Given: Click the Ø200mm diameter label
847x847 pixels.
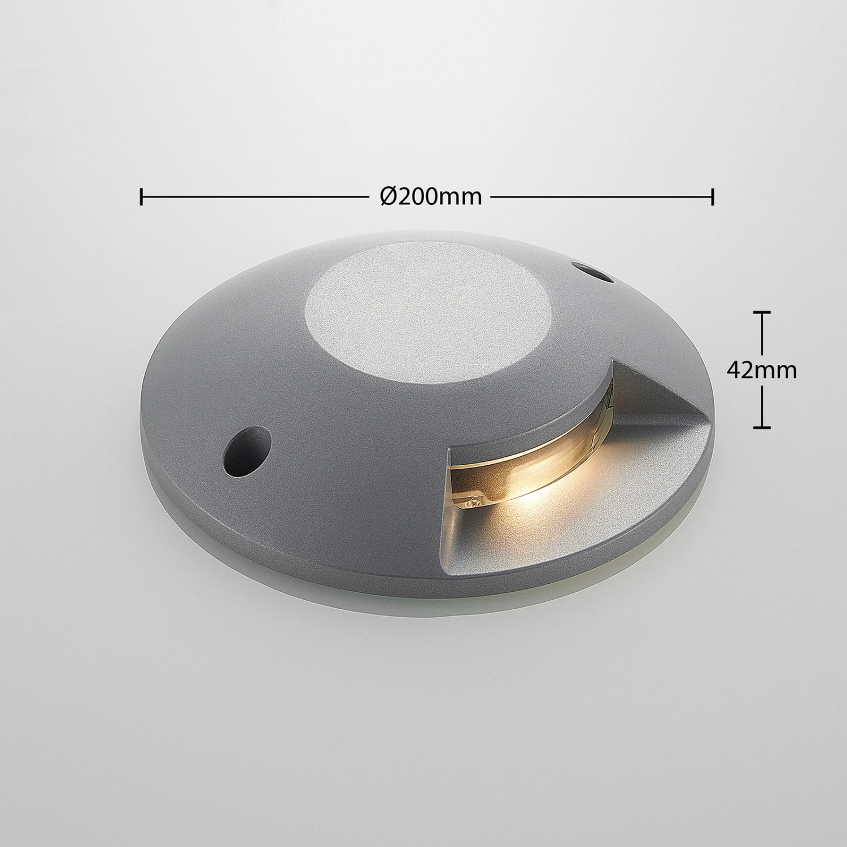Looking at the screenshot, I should click(431, 197).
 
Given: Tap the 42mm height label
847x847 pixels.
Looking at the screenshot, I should click(761, 370).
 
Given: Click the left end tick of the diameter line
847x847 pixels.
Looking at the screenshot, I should click(141, 197).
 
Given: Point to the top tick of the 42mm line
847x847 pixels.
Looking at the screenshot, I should click(762, 312).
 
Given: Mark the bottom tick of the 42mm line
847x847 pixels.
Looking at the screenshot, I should click(762, 427).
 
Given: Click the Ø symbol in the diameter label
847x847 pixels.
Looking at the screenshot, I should click(389, 197).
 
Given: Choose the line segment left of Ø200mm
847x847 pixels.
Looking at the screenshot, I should click(254, 197).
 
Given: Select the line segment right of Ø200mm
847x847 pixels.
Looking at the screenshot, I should click(601, 197).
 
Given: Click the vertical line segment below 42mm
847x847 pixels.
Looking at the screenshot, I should click(762, 405).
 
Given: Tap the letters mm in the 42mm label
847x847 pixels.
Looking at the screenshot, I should click(778, 370).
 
